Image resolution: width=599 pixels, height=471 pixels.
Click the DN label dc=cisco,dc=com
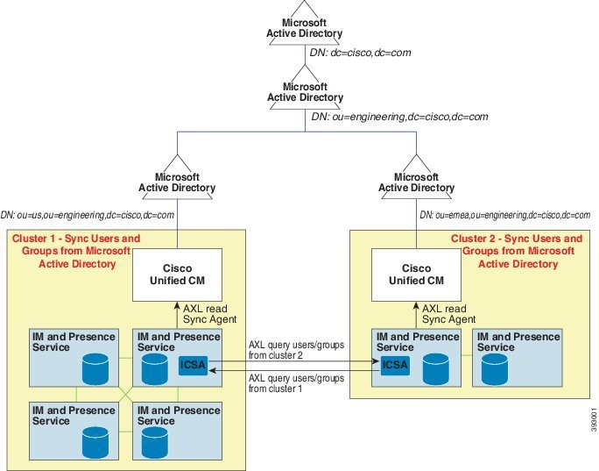[x=360, y=53]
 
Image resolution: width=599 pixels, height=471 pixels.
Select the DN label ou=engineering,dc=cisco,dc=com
[x=399, y=117]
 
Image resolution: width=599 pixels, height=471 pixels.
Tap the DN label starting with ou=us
[x=88, y=214]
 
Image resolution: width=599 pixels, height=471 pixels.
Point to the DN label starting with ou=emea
[x=505, y=215]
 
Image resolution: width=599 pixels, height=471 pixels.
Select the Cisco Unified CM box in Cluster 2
[x=417, y=274]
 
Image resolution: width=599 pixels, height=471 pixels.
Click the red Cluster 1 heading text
[x=75, y=251]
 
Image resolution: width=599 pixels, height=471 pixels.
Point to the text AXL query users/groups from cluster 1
[x=290, y=383]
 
